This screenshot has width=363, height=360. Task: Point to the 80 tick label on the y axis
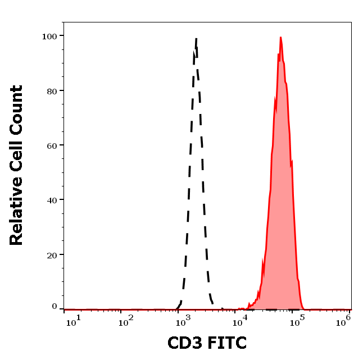click(x=52, y=90)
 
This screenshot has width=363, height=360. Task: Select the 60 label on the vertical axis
click(x=52, y=145)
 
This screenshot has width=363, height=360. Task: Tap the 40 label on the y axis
click(x=52, y=199)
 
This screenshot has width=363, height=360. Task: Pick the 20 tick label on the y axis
click(x=52, y=254)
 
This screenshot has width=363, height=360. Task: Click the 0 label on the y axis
click(x=55, y=307)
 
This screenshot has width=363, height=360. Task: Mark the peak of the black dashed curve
click(x=196, y=39)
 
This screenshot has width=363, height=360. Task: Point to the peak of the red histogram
click(x=280, y=38)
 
